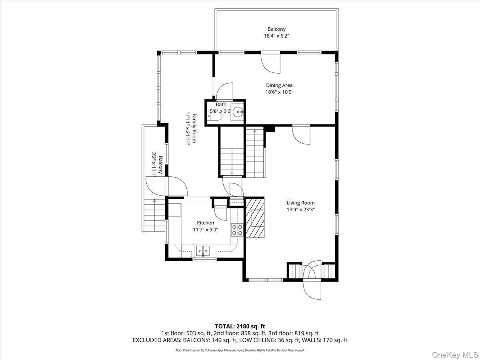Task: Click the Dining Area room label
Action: (279, 85)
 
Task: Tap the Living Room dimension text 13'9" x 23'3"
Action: (300, 210)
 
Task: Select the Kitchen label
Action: (205, 223)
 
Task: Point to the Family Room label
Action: (194, 128)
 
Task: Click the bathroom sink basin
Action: (238, 112)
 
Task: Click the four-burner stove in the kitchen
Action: (237, 230)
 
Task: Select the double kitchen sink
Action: (203, 251)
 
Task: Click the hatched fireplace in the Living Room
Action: (255, 218)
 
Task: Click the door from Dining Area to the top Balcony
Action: (271, 63)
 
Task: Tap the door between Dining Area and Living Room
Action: (301, 136)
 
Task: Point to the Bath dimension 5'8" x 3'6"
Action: (221, 111)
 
